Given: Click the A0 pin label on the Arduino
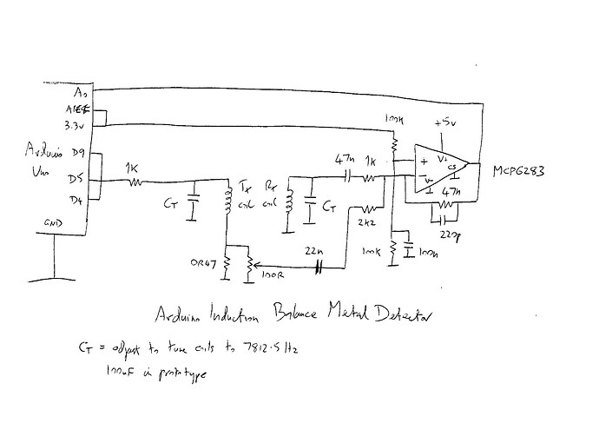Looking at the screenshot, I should pyautogui.click(x=82, y=92).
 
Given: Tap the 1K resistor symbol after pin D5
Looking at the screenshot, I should pyautogui.click(x=136, y=182).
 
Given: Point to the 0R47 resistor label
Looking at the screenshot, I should pyautogui.click(x=204, y=264).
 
